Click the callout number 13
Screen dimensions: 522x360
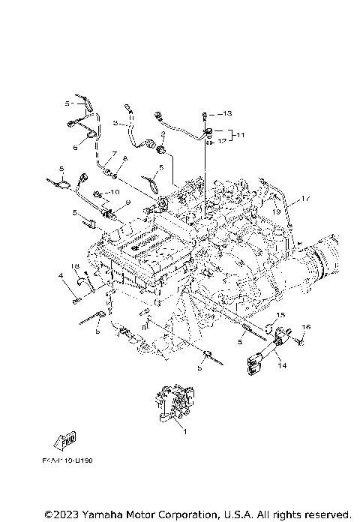(228, 112)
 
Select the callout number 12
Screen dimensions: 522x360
(221, 140)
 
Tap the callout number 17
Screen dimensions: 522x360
(305, 199)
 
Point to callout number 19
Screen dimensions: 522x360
(276, 213)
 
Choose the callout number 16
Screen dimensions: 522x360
(305, 327)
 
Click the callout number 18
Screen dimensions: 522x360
(75, 267)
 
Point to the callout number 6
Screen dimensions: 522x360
(75, 148)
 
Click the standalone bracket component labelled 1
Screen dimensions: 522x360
(174, 404)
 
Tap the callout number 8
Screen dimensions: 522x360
(124, 159)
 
